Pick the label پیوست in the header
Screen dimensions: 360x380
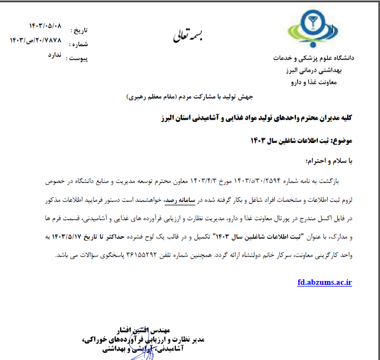tap(77, 57)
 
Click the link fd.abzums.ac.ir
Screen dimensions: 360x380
tap(325, 282)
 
